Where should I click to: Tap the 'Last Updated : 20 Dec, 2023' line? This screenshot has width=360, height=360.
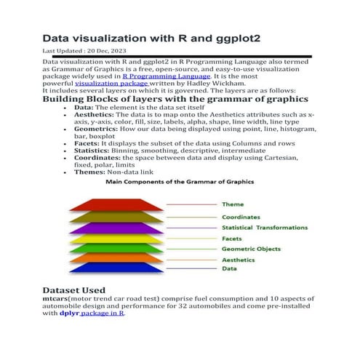pyautogui.click(x=81, y=52)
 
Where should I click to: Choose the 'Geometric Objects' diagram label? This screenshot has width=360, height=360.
pyautogui.click(x=252, y=248)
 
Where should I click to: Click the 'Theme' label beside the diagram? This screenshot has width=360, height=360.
pyautogui.click(x=233, y=204)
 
